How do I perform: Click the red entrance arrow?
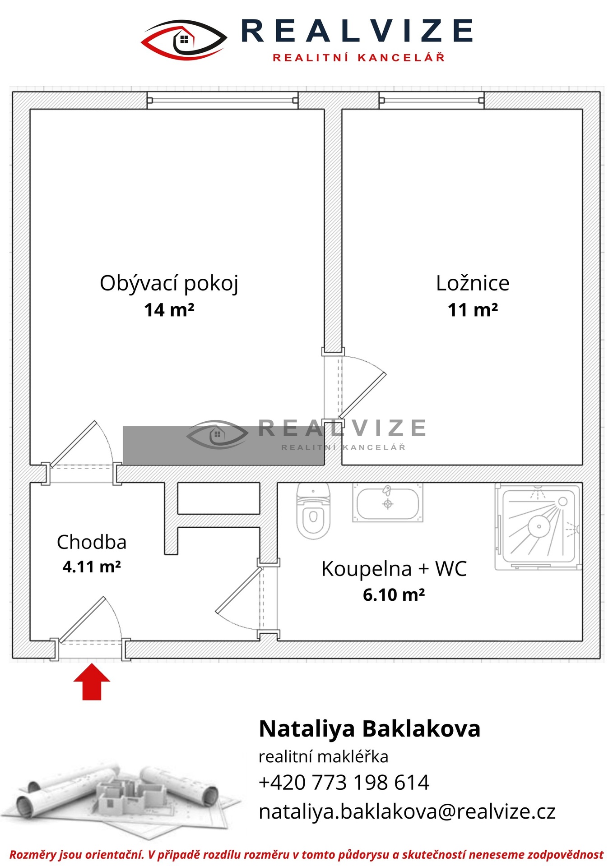click(92, 682)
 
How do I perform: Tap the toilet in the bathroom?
click(313, 511)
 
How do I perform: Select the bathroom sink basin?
click(387, 503)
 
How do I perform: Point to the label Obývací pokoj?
click(169, 284)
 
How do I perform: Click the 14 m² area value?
click(169, 310)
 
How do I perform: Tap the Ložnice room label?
click(473, 283)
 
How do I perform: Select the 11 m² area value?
click(473, 310)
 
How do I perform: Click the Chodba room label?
click(92, 542)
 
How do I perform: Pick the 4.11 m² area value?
click(92, 567)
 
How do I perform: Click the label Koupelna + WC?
click(394, 569)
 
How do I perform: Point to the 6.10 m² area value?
click(394, 595)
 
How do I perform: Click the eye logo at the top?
click(184, 40)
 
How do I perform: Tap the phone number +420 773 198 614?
click(344, 782)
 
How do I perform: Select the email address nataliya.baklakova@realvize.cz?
click(407, 811)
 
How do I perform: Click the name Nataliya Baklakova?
click(370, 729)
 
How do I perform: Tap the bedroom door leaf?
click(363, 395)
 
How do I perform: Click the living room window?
click(223, 100)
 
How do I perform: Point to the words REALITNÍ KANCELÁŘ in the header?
click(359, 57)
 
